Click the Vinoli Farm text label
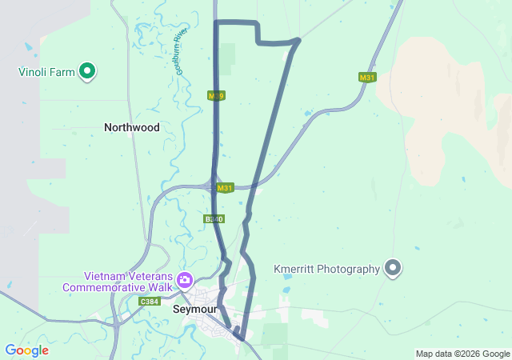(x=46, y=72)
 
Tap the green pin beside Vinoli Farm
(x=88, y=72)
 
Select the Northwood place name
(x=132, y=127)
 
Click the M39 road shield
(x=216, y=96)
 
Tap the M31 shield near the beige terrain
(x=367, y=78)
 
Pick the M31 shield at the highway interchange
(x=225, y=188)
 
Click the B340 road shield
(x=214, y=218)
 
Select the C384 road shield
(x=149, y=302)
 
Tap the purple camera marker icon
(x=186, y=280)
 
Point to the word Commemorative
(x=106, y=287)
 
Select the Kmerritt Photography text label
(x=326, y=269)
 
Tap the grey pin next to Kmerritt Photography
(x=393, y=268)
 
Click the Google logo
(x=26, y=350)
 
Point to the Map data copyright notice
(x=462, y=354)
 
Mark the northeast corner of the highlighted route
(x=298, y=40)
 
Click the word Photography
(x=350, y=269)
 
